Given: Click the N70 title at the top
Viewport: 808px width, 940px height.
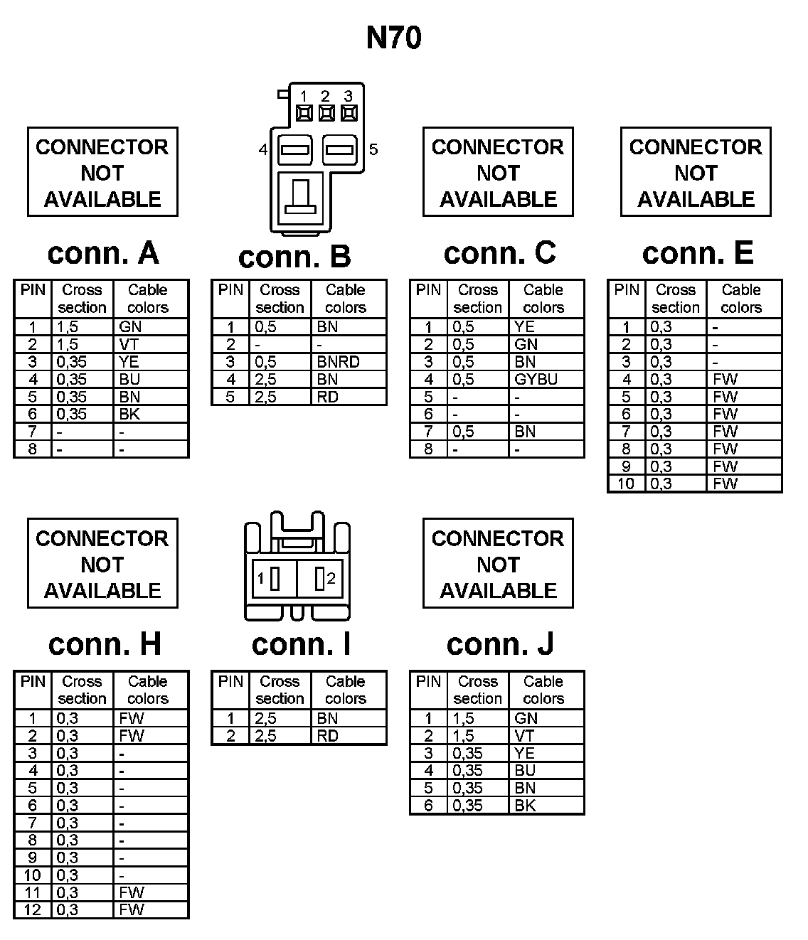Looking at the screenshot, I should point(394,38).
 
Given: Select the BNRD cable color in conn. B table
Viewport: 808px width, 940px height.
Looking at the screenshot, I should point(339,362).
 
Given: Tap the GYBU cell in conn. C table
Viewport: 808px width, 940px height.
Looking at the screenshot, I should point(536,379).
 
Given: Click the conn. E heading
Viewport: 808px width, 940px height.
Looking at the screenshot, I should point(697,253).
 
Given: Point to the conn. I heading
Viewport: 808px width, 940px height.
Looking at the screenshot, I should point(301,644).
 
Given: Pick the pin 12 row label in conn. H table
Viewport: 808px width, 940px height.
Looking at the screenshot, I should point(33,910).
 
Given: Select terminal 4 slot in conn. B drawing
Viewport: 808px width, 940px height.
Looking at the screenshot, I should point(294,150).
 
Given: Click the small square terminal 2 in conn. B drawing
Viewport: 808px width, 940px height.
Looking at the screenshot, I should point(326,112).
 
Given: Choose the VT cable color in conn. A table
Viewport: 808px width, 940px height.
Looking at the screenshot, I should point(129,344).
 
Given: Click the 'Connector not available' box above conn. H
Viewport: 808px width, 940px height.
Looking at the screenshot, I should point(102,564).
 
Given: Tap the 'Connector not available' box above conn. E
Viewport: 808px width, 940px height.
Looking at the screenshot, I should point(696,172).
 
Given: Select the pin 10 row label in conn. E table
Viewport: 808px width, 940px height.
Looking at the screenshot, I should point(627,484).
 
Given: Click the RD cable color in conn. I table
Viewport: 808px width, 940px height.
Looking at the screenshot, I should point(327,736).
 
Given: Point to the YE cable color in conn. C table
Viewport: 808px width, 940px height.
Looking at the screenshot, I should point(524,327).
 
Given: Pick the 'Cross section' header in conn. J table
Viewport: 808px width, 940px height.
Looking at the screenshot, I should point(478,690).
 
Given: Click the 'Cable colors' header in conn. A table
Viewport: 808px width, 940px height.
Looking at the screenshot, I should point(148,299).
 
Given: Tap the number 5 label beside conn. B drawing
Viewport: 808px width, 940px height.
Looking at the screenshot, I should point(373,149).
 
